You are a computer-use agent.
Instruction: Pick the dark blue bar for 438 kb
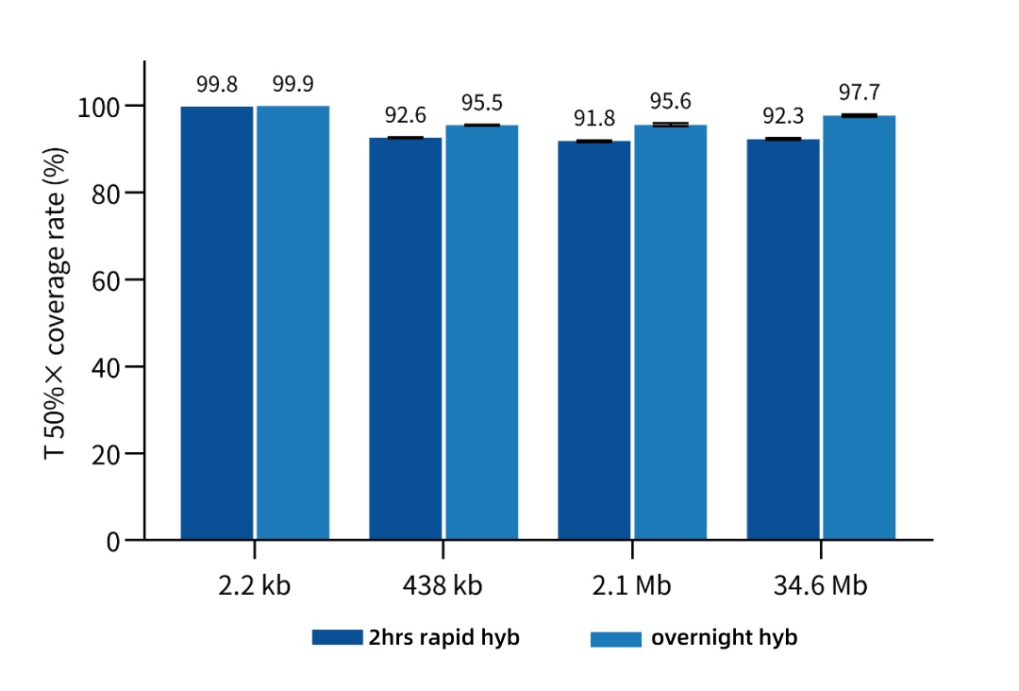406,339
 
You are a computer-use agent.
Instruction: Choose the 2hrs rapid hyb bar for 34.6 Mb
783,339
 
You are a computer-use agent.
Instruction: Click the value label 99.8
217,84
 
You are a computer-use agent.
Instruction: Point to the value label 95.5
481,103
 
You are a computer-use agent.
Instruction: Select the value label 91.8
594,119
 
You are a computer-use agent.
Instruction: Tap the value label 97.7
859,93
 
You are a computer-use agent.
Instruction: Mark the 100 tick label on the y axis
99,106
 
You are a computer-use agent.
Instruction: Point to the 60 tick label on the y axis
107,280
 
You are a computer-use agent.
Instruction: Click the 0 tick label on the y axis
113,541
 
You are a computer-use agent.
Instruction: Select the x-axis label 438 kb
443,585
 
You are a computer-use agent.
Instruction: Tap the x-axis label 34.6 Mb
820,585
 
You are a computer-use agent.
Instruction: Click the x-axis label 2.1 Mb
632,585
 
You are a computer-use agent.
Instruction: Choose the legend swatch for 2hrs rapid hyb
337,638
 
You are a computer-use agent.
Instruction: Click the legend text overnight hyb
724,638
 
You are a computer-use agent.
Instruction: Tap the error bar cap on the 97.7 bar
859,115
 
